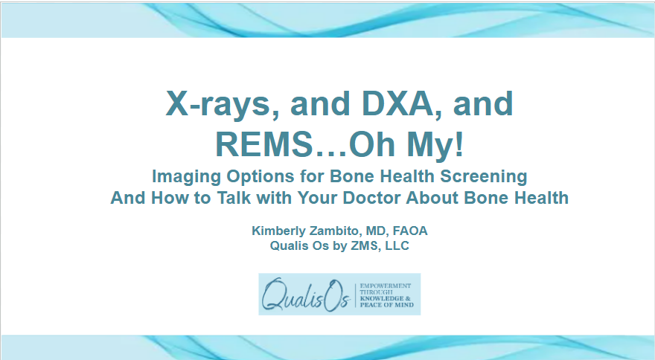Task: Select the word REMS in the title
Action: [x=262, y=144]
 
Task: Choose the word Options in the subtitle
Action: [x=249, y=177]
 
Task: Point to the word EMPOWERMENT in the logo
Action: [x=386, y=286]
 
